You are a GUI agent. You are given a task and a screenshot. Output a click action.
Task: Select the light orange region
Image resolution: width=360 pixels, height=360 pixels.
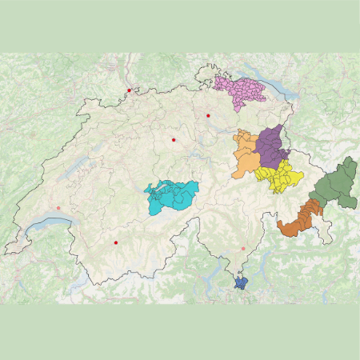tap(248, 156)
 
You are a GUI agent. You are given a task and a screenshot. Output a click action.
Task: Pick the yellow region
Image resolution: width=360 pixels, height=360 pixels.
tap(280, 178)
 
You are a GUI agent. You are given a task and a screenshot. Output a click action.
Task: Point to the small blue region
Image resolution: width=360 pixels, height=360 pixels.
tap(240, 281)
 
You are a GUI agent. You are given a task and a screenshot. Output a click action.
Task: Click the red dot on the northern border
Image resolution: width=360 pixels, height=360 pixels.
tap(129, 90)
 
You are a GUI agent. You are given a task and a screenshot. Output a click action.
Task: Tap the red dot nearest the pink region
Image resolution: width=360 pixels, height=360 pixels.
tap(208, 116)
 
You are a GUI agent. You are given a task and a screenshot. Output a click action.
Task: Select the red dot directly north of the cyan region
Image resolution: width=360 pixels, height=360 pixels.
tap(173, 140)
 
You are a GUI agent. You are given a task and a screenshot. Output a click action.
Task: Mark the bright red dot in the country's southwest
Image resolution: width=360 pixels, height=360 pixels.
tap(116, 242)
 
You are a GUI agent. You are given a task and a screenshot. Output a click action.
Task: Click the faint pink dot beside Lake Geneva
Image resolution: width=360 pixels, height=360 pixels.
tap(58, 208)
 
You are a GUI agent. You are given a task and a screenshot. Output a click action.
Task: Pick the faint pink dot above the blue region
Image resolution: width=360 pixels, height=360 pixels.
tap(243, 249)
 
